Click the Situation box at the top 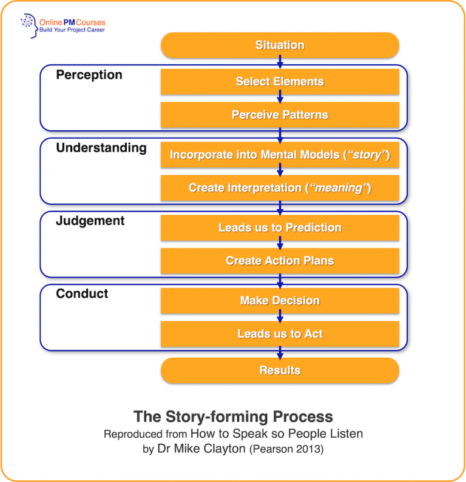point(280,45)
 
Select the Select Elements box point(280,82)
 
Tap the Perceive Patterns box point(280,115)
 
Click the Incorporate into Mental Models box point(280,155)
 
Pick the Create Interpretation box point(280,188)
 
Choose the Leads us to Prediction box point(280,228)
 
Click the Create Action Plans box point(280,261)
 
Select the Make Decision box point(280,301)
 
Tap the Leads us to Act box point(280,334)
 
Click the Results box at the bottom point(280,370)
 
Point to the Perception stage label point(89,75)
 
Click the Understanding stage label point(101,148)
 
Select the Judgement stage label point(90,221)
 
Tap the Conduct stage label point(82,294)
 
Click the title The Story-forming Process point(233,417)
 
